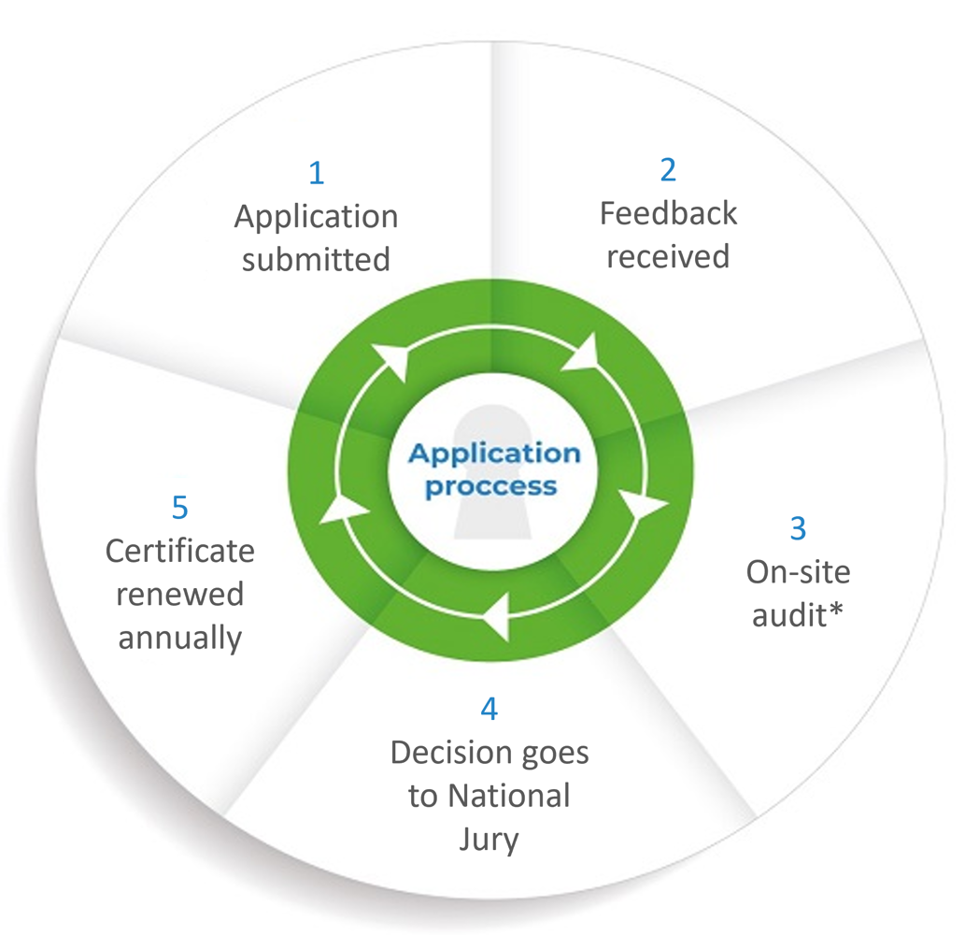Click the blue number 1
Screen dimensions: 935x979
[x=317, y=173]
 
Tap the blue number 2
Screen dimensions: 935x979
[x=668, y=169]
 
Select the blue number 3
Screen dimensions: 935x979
[x=798, y=528]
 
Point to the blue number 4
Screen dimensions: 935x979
[x=489, y=709]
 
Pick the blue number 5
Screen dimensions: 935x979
[x=179, y=507]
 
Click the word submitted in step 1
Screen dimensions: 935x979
[x=316, y=259]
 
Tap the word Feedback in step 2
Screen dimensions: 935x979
[x=668, y=213]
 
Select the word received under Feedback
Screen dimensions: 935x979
[x=668, y=255]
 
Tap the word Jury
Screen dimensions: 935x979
[x=489, y=840]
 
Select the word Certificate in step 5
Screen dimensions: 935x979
[x=179, y=551]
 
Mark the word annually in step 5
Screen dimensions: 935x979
[x=179, y=638]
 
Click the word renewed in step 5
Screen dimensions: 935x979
[x=179, y=595]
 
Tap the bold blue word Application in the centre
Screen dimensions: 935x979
[x=495, y=454]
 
